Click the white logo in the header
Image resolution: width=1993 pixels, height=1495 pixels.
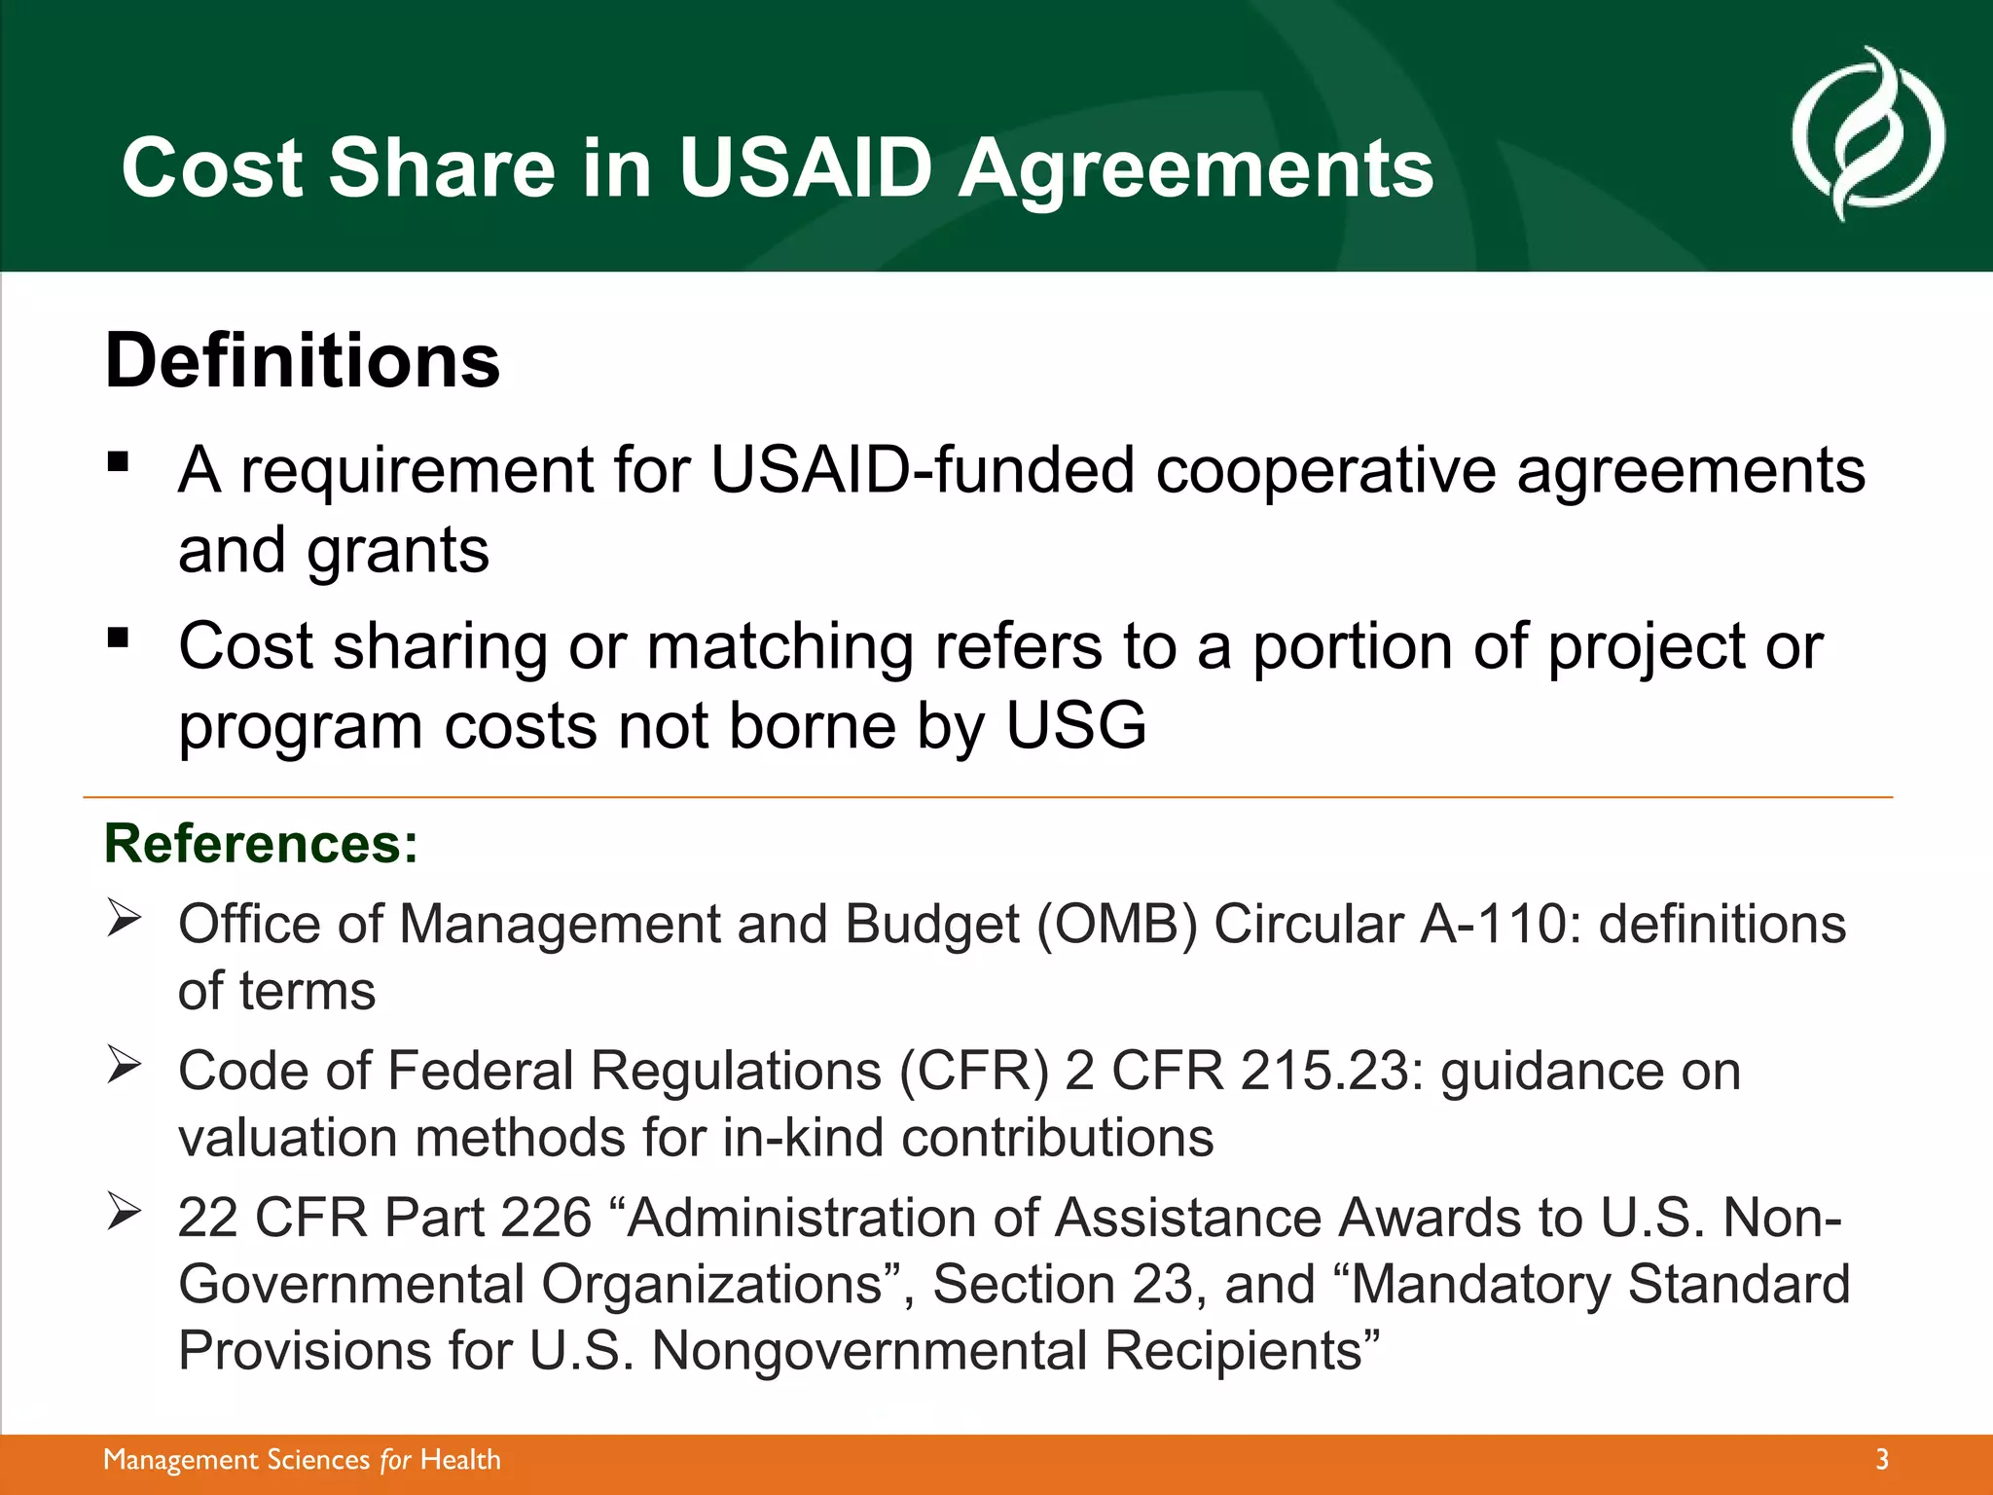click(x=1867, y=133)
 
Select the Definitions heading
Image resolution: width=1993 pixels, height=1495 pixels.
click(x=302, y=361)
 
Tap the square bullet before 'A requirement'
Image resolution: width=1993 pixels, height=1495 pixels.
click(x=119, y=461)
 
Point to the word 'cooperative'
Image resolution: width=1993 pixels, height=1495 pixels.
click(x=1325, y=471)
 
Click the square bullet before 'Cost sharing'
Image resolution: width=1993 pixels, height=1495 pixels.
click(x=119, y=638)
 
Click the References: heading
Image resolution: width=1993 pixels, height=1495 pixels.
click(x=261, y=843)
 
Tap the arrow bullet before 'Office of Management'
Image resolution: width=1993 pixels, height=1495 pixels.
click(x=125, y=918)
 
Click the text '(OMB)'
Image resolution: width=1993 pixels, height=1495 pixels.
click(x=1116, y=924)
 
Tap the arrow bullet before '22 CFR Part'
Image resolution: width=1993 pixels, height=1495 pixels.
click(x=125, y=1212)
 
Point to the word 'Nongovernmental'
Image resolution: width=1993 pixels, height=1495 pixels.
click(x=868, y=1351)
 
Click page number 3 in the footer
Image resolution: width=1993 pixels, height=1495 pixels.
click(x=1881, y=1459)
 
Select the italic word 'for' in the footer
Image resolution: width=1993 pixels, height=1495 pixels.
click(x=395, y=1460)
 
